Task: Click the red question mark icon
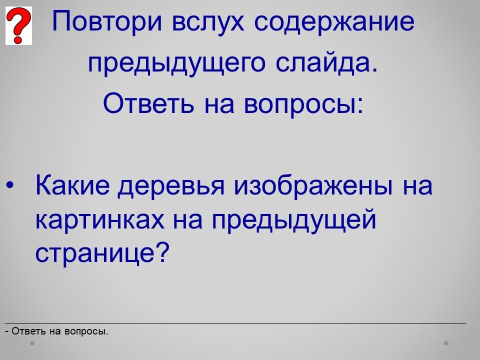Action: (18, 25)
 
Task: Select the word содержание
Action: (334, 21)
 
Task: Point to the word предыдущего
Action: (176, 63)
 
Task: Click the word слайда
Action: (327, 62)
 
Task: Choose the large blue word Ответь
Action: (149, 102)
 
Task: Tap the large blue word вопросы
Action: (303, 104)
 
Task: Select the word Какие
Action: (72, 184)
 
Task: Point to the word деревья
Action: (171, 186)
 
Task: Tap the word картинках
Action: (100, 220)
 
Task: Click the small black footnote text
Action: (57, 331)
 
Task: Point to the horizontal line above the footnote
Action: (235, 323)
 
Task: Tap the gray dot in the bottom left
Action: (32, 343)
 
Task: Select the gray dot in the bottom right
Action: (446, 343)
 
